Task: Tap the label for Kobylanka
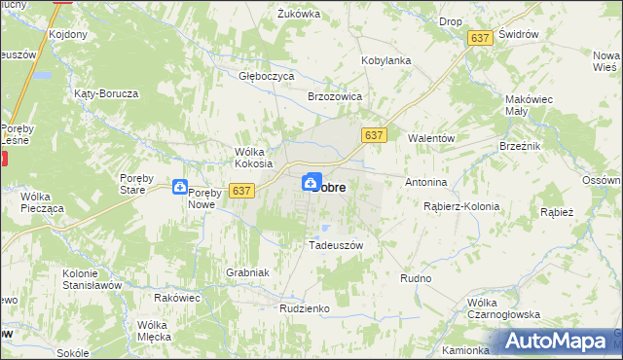(385, 60)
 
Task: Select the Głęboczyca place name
(266, 75)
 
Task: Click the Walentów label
(431, 138)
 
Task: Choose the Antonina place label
(426, 182)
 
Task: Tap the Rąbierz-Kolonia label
(461, 206)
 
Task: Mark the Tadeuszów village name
(335, 245)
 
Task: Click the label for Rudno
(416, 278)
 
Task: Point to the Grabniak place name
(246, 272)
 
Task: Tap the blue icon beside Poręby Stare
(181, 187)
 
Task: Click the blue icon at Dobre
(311, 182)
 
